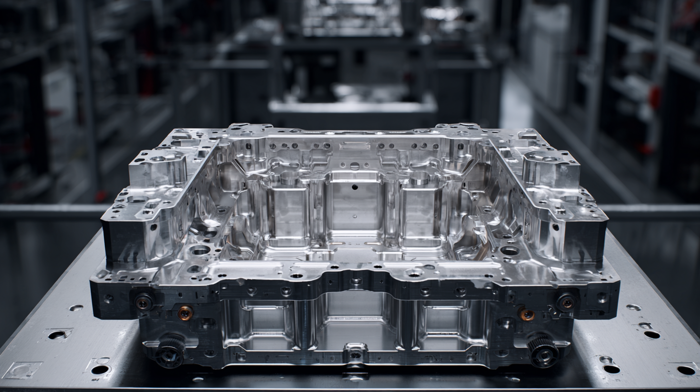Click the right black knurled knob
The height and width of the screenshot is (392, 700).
(x=543, y=351)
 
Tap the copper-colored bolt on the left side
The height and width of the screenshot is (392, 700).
(x=185, y=313)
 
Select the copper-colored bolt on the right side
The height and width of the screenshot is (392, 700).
(x=526, y=314)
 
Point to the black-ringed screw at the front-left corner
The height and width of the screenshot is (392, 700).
(x=143, y=302)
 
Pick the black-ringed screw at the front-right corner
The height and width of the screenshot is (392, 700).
(x=566, y=302)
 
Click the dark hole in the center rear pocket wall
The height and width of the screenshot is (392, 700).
(x=354, y=187)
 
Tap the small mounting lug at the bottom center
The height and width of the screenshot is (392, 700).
(x=355, y=353)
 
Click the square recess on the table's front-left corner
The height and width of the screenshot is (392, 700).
(x=22, y=370)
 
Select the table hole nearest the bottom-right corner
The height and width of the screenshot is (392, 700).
(x=686, y=370)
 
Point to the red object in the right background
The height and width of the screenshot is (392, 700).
(x=654, y=97)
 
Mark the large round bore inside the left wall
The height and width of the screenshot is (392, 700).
(x=200, y=250)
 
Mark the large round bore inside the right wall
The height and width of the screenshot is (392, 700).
(x=510, y=250)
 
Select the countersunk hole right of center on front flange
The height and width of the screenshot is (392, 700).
(x=414, y=273)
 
